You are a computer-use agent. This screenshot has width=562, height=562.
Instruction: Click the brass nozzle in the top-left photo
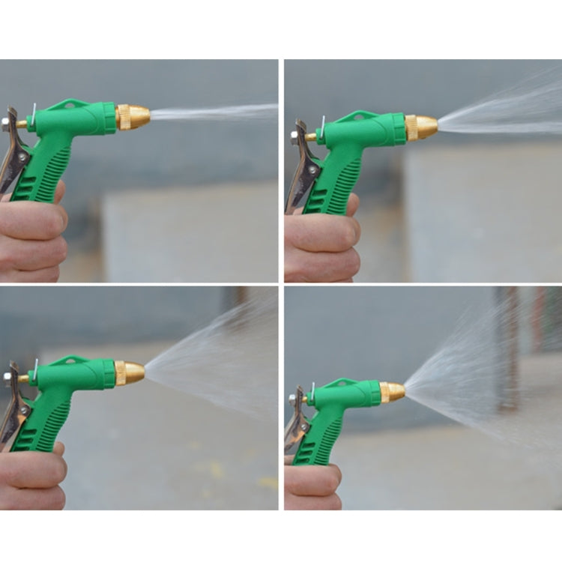tap(133, 117)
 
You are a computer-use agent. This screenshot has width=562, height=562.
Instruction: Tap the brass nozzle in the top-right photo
tap(420, 127)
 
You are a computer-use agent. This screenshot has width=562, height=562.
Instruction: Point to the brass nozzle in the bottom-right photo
tap(392, 392)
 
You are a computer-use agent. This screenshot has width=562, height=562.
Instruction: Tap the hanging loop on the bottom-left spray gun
tap(71, 360)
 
